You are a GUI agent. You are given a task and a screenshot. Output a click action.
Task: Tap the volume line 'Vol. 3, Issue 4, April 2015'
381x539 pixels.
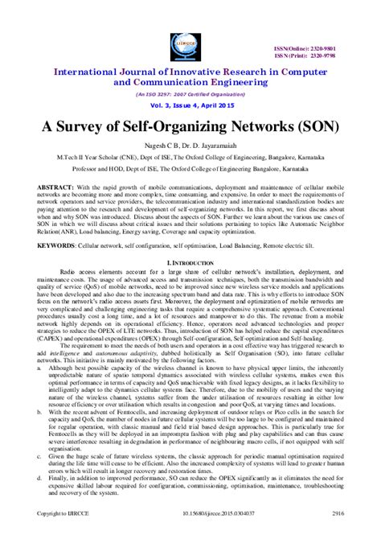pyautogui.click(x=190, y=107)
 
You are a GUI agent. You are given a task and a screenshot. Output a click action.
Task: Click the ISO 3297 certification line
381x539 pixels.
pyautogui.click(x=190, y=93)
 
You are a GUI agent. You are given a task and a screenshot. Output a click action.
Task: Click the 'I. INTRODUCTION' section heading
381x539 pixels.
pyautogui.click(x=190, y=263)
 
